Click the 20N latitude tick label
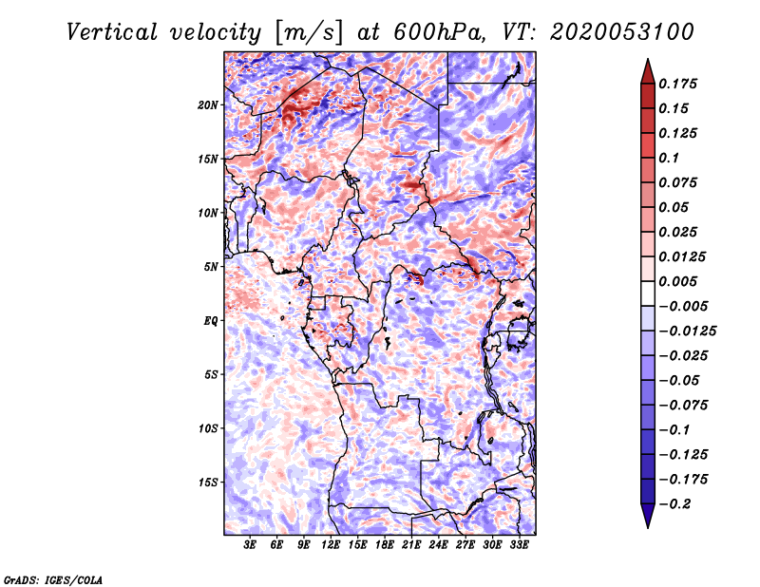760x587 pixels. point(208,104)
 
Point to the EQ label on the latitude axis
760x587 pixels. point(210,321)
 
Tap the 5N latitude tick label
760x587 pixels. point(211,267)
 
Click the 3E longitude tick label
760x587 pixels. point(250,544)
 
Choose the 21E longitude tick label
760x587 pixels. point(411,544)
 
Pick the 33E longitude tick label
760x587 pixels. point(519,544)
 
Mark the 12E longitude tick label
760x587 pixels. point(330,544)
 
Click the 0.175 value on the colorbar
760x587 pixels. point(677,84)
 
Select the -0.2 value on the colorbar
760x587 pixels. point(674,504)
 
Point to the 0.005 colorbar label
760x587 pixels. point(677,281)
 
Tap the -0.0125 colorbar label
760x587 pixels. point(687,331)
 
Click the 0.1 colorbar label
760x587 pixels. point(669,158)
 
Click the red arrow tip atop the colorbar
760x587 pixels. point(648,59)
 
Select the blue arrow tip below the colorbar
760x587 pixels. point(648,527)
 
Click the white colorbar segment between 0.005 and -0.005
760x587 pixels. point(648,293)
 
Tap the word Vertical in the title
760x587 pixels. point(111,32)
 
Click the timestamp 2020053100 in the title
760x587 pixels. point(622,32)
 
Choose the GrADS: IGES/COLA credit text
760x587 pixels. point(53,580)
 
